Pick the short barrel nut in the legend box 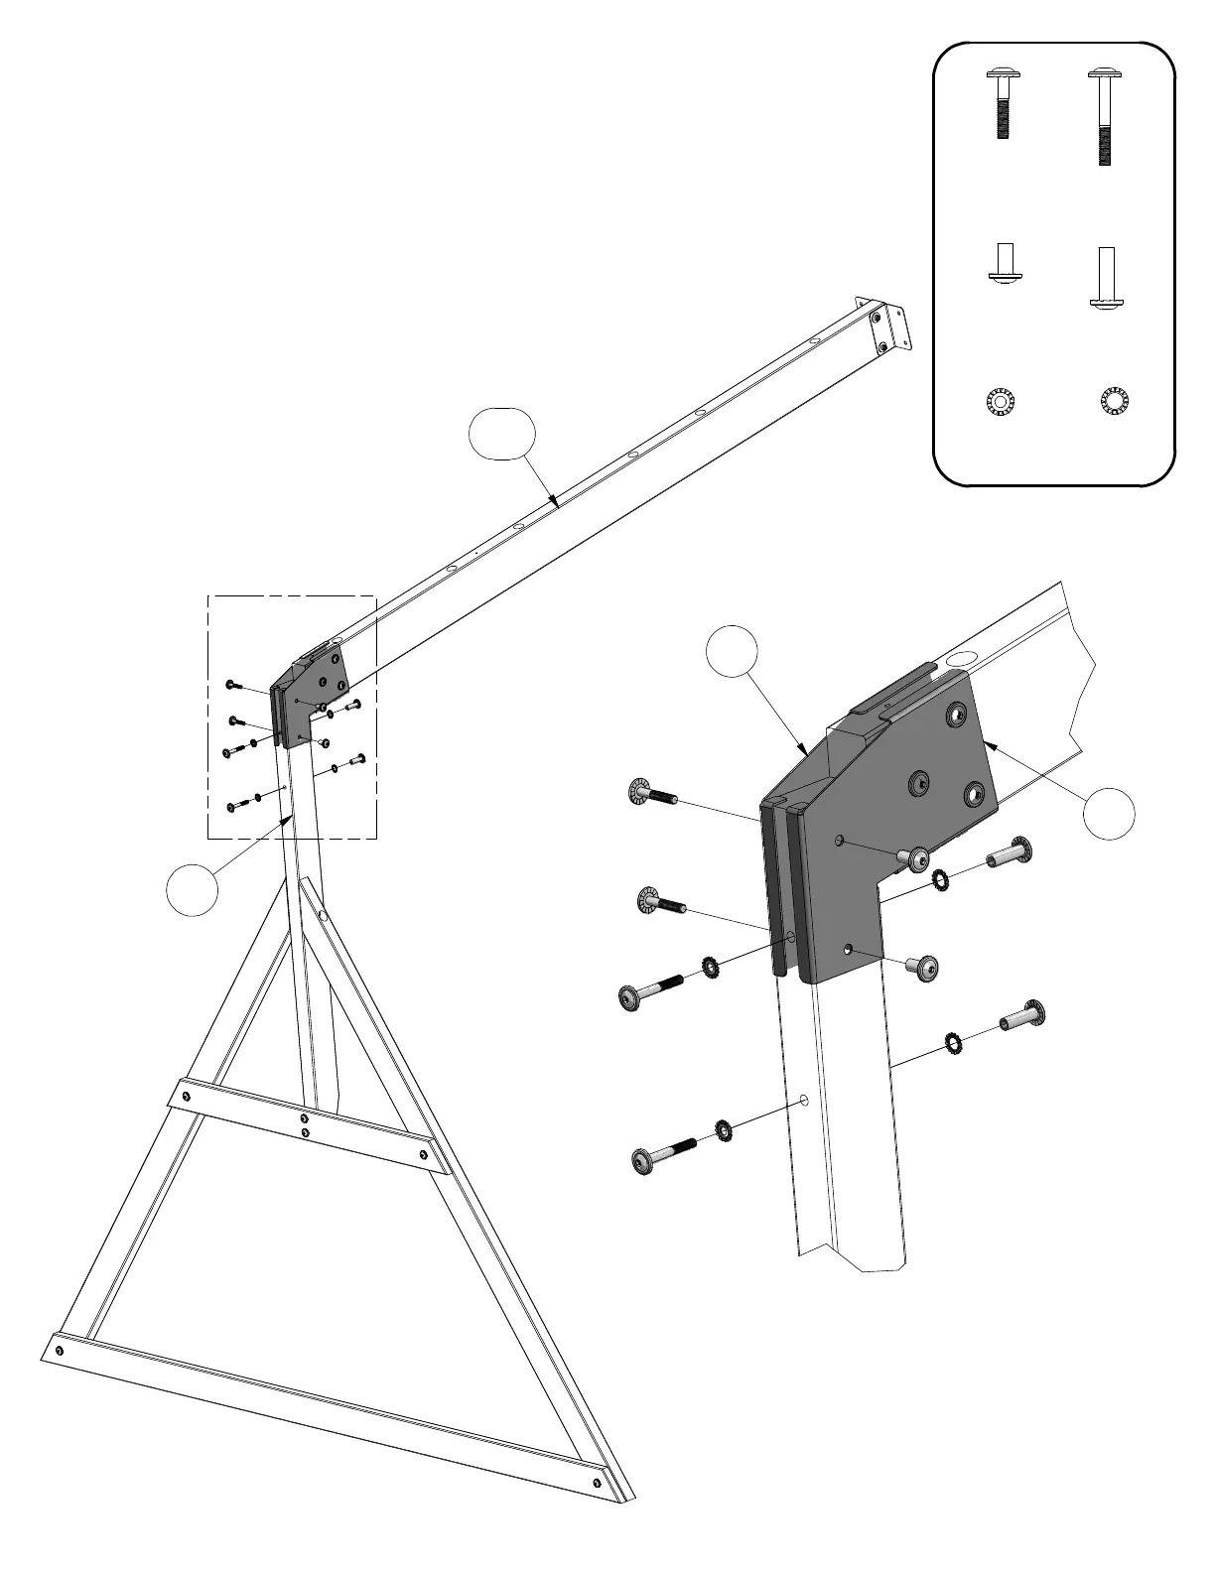(x=1005, y=265)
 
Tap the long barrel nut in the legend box (x=1106, y=278)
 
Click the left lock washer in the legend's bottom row (x=999, y=402)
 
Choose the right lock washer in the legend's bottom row (x=1115, y=401)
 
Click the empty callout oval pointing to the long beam (x=502, y=434)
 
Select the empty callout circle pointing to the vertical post (x=192, y=889)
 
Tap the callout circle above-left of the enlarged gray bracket (x=733, y=651)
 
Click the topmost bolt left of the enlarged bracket (x=652, y=794)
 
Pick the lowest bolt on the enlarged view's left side (x=662, y=1156)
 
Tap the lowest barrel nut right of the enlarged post (x=1023, y=1016)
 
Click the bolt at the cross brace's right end (x=426, y=1154)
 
